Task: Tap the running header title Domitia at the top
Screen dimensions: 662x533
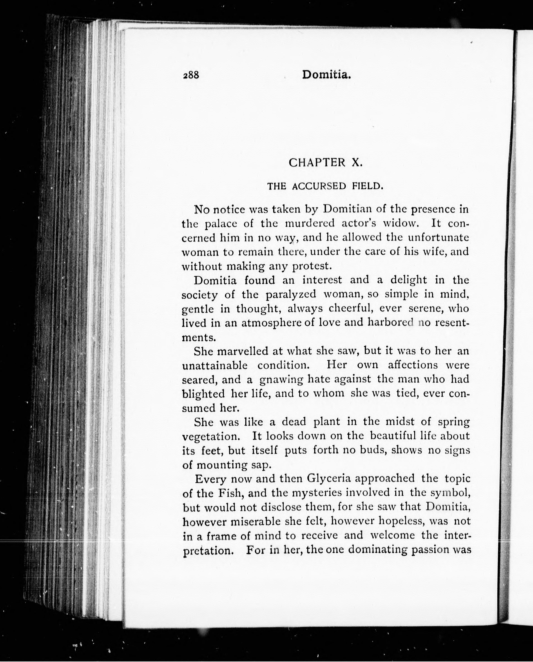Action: pyautogui.click(x=326, y=75)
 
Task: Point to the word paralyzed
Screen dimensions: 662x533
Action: pyautogui.click(x=291, y=294)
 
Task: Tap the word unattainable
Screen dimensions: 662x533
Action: pyautogui.click(x=215, y=365)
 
